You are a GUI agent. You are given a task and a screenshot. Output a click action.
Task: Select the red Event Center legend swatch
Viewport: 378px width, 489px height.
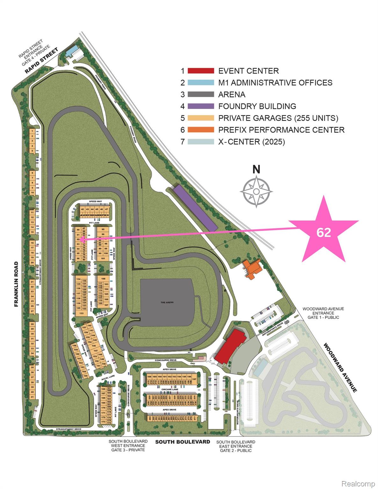[201, 71]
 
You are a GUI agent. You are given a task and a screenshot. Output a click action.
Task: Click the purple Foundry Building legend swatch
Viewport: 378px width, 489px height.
[201, 106]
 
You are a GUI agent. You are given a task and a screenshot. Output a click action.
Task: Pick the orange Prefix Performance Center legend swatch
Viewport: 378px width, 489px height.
[201, 130]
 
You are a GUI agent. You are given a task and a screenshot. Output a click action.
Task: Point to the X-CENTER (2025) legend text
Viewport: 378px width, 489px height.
[251, 142]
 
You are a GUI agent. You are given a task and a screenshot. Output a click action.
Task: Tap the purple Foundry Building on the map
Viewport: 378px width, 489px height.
[195, 208]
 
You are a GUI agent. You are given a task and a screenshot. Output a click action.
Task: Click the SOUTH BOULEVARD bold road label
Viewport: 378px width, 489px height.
[183, 442]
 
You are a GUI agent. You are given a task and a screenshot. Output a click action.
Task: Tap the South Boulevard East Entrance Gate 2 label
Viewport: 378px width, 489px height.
[236, 446]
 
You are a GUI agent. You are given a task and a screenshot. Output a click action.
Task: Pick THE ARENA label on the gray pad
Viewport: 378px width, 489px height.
[167, 302]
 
